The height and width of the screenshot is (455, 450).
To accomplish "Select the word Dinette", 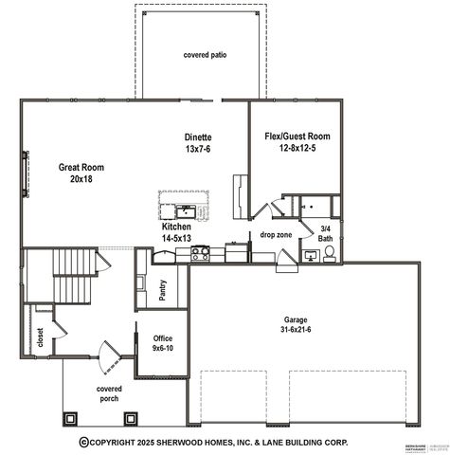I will point(197,136).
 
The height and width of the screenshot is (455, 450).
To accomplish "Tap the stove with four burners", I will point(201,253).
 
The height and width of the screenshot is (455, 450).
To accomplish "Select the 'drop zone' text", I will point(275,234).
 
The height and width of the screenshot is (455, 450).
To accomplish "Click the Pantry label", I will point(162,291).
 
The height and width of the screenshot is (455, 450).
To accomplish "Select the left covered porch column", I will point(69,417).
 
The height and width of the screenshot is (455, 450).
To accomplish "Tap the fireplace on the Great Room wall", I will point(26,173).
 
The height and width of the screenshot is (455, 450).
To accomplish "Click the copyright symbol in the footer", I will point(83,442).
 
